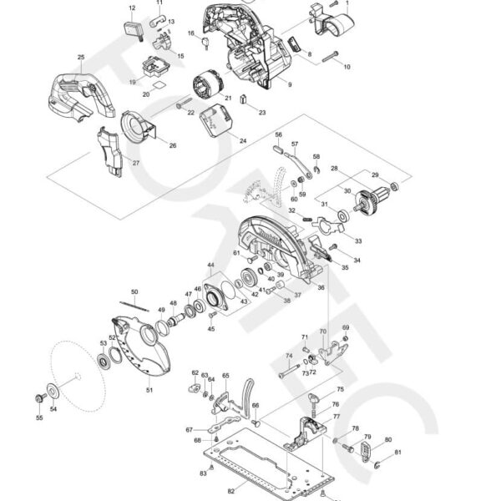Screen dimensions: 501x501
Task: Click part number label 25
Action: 81,57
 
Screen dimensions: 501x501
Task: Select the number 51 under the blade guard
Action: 149,389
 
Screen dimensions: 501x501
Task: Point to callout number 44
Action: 210,266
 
